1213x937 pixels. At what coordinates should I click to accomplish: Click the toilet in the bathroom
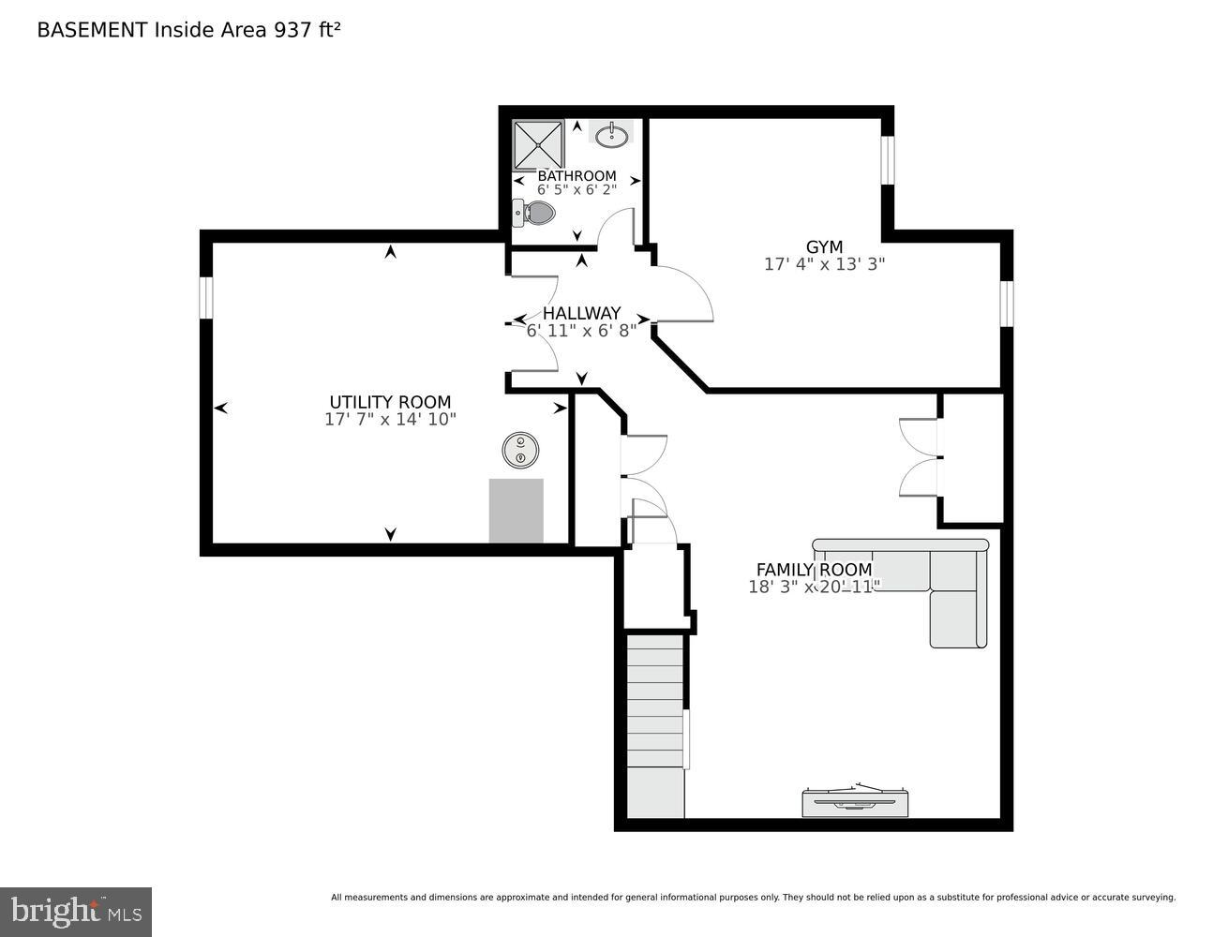[x=534, y=213]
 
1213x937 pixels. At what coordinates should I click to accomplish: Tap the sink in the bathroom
[x=613, y=135]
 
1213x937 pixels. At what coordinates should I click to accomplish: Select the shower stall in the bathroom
[x=538, y=144]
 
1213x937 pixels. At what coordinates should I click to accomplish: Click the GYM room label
[x=824, y=246]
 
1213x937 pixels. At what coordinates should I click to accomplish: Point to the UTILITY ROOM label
[x=390, y=403]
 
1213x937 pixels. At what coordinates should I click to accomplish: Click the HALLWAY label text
[x=581, y=313]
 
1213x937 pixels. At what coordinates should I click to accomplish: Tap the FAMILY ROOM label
[x=814, y=570]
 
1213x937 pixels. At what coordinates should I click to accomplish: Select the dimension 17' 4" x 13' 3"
[x=824, y=264]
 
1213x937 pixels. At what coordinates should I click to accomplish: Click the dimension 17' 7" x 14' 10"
[x=390, y=420]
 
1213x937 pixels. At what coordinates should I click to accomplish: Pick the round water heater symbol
[x=520, y=450]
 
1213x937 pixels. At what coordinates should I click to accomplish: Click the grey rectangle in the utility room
[x=516, y=511]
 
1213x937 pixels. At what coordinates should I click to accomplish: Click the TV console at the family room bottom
[x=855, y=801]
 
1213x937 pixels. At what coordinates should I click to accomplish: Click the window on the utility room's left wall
[x=206, y=296]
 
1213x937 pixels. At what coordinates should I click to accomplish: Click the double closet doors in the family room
[x=919, y=457]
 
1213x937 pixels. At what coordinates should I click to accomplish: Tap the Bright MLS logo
[x=76, y=911]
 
